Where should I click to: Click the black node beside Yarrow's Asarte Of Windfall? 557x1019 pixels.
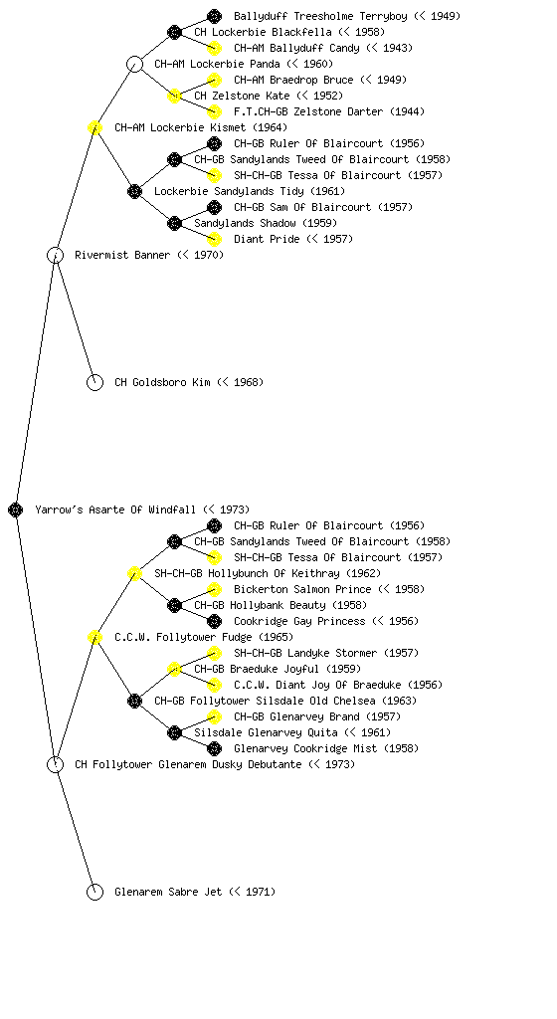point(16,509)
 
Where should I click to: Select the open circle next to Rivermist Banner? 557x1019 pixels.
point(55,255)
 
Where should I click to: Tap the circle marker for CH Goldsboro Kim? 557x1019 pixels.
point(94,382)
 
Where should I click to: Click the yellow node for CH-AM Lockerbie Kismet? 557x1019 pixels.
point(94,127)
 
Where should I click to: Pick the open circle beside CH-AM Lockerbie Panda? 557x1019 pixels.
point(134,64)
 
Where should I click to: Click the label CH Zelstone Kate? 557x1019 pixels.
point(242,96)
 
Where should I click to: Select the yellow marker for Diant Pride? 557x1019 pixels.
point(214,239)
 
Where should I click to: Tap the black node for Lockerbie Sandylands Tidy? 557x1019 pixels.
point(134,191)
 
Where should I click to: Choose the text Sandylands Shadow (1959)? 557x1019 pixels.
point(266,223)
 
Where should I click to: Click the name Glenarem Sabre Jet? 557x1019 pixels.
point(168,892)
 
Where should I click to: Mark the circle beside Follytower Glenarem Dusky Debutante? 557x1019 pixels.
point(55,764)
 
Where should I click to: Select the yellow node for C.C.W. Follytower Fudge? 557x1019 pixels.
point(94,637)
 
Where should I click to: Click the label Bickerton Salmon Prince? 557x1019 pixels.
point(302,589)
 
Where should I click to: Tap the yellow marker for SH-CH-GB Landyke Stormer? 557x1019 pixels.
point(214,653)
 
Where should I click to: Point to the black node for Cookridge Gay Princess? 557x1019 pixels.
point(214,621)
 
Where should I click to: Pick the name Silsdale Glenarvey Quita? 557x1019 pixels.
point(266,732)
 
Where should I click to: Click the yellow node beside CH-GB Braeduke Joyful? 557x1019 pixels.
point(174,669)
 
